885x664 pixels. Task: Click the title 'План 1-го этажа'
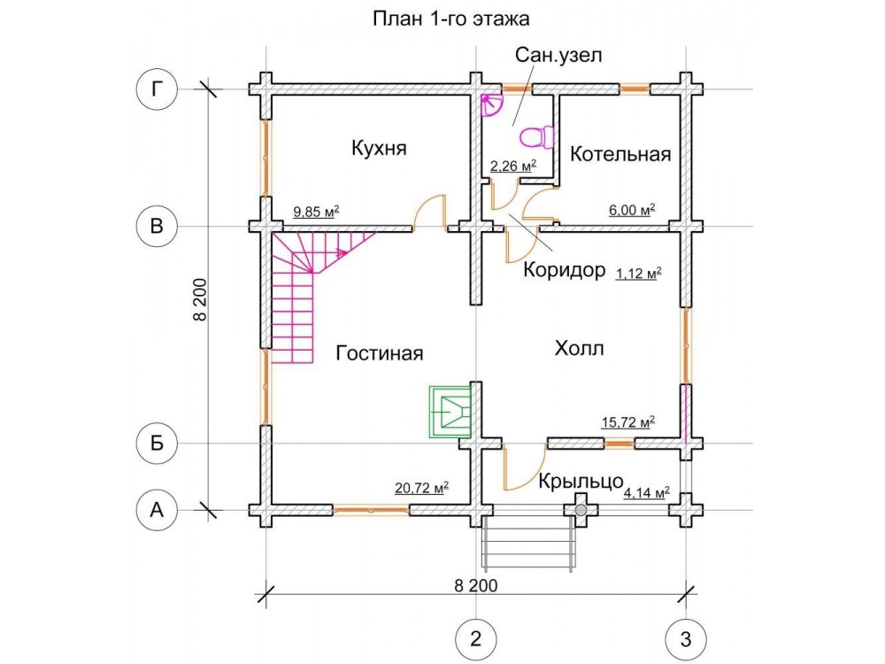pyautogui.click(x=451, y=19)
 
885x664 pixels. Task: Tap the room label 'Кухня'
pyautogui.click(x=379, y=149)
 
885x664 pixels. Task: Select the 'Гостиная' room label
pyautogui.click(x=380, y=353)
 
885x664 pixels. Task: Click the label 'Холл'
pyautogui.click(x=579, y=348)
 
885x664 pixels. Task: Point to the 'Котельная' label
pyautogui.click(x=620, y=154)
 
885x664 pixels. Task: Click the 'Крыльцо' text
pyautogui.click(x=581, y=482)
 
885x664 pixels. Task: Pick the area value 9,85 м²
pyautogui.click(x=316, y=212)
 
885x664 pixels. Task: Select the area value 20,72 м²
pyautogui.click(x=421, y=487)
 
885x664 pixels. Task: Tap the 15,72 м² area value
pyautogui.click(x=628, y=422)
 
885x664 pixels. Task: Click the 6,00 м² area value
pyautogui.click(x=632, y=210)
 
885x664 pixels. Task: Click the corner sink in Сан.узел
pyautogui.click(x=490, y=105)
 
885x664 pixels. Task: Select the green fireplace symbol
pyautogui.click(x=450, y=412)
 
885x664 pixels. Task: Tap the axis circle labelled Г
pyautogui.click(x=157, y=89)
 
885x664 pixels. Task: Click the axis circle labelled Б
pyautogui.click(x=157, y=444)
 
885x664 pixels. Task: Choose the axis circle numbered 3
pyautogui.click(x=687, y=640)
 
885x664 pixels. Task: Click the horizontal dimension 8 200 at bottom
pyautogui.click(x=476, y=586)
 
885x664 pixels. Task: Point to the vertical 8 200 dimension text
pyautogui.click(x=201, y=300)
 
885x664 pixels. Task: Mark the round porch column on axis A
pyautogui.click(x=581, y=510)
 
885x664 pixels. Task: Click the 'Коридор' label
pyautogui.click(x=565, y=270)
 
